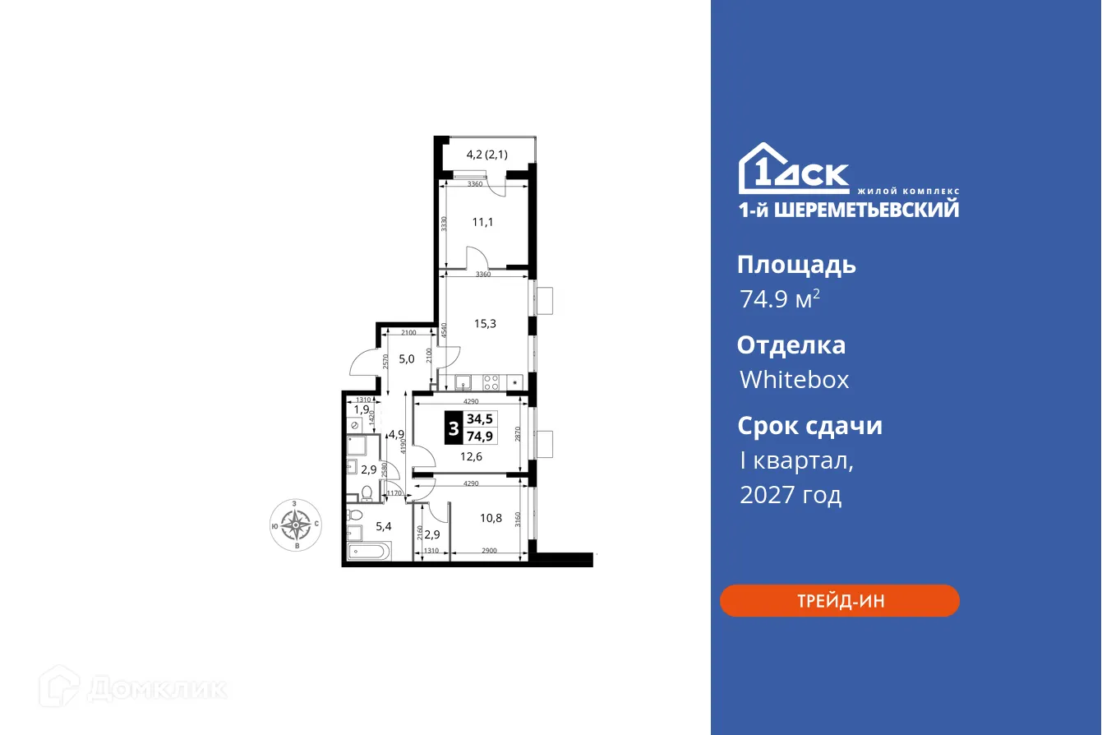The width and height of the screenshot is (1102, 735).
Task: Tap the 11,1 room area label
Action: click(483, 222)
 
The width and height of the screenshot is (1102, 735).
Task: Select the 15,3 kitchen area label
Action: click(485, 323)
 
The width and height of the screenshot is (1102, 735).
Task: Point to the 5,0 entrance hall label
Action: click(407, 358)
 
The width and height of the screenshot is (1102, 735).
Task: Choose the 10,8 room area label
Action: click(491, 518)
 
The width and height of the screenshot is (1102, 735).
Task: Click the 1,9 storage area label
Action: click(361, 409)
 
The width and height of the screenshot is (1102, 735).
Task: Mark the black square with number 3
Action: click(453, 428)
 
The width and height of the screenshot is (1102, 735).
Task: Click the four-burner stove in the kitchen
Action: click(491, 381)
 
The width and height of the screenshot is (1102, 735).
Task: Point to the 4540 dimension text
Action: click(444, 331)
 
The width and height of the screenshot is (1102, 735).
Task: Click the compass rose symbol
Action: click(295, 524)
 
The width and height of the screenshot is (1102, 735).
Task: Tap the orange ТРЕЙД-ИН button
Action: click(840, 600)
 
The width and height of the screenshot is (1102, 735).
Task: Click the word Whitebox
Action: click(794, 379)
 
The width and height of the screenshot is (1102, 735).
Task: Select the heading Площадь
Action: click(796, 265)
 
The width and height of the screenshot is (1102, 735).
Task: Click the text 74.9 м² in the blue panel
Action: click(779, 299)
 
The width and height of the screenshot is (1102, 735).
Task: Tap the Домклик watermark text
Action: click(156, 687)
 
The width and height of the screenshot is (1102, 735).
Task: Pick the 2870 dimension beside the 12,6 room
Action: click(518, 434)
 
